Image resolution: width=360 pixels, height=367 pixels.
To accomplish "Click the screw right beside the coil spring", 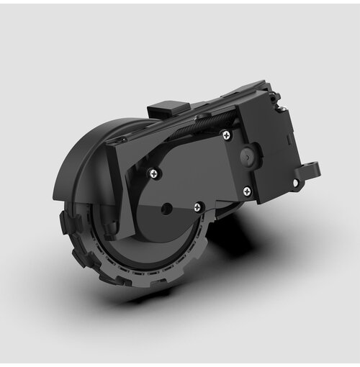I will pos(226,134).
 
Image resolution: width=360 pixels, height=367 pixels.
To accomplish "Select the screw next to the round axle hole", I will pos(199,207).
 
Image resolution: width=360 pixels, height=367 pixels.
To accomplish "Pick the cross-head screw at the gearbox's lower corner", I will pos(247,191).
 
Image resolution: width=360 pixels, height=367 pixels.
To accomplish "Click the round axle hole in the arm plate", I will pos(167,208).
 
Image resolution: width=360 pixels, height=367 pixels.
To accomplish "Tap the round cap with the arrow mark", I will pos(247,155).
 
